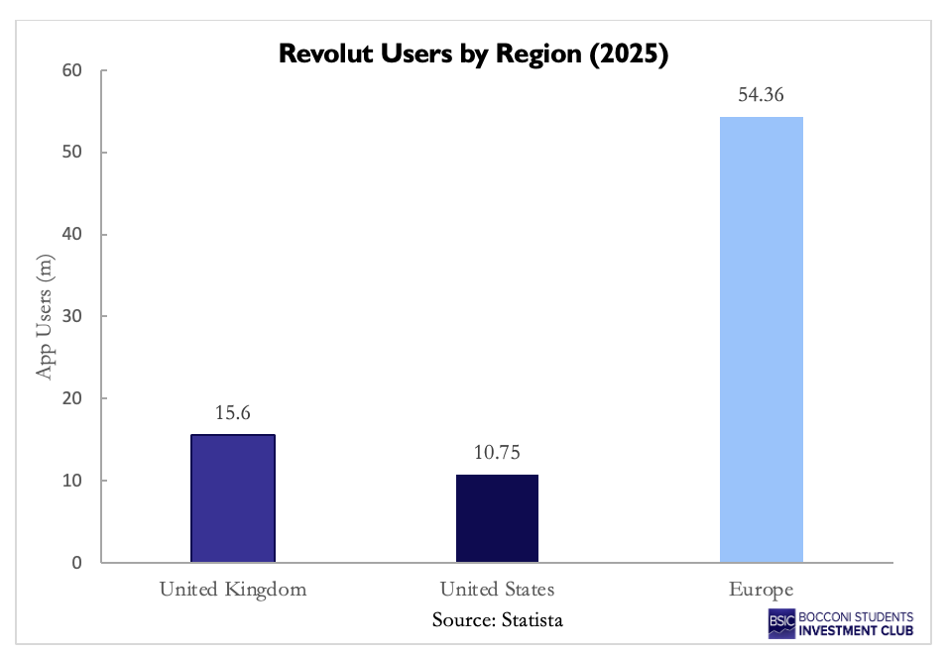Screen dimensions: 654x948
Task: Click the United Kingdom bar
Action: [x=233, y=498]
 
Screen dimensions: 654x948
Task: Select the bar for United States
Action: [x=497, y=519]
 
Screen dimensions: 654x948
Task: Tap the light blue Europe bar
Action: [x=762, y=340]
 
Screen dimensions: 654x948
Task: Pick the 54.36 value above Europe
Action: [x=762, y=96]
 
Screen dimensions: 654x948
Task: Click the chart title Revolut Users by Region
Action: [x=474, y=54]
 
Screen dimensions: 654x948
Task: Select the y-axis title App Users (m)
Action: [x=45, y=316]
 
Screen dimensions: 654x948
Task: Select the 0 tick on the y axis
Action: [x=74, y=563]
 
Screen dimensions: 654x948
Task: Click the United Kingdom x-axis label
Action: [x=233, y=590]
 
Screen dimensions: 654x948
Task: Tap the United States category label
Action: [x=497, y=590]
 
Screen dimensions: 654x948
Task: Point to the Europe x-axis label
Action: [x=762, y=590]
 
